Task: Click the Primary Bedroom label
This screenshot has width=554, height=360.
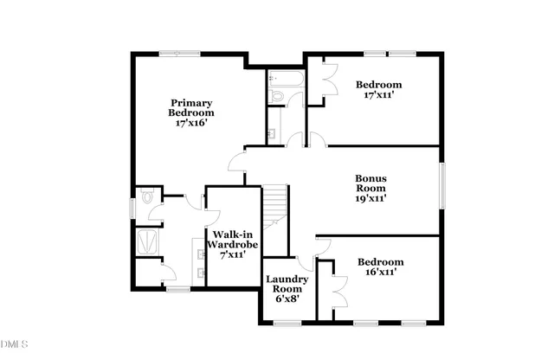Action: tap(191, 112)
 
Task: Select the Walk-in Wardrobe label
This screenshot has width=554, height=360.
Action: tap(232, 243)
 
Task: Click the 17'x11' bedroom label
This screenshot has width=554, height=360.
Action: tap(377, 90)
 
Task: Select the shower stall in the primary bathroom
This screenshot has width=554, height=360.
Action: tap(148, 241)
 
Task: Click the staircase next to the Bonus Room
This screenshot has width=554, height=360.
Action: tap(274, 205)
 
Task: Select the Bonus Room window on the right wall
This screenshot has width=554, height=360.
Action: tap(441, 186)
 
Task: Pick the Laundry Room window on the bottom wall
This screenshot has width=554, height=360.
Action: tap(285, 323)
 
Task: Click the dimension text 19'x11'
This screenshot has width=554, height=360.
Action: tap(370, 198)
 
